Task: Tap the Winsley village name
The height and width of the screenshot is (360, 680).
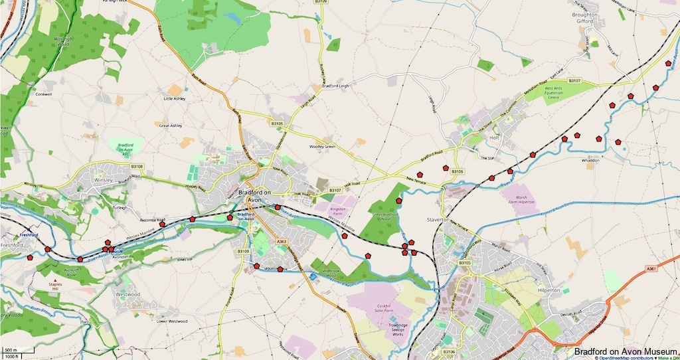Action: tap(104, 179)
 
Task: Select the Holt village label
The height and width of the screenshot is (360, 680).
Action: tap(493, 137)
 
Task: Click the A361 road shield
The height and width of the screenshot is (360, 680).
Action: tap(653, 268)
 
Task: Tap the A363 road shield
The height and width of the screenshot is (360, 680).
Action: tap(280, 242)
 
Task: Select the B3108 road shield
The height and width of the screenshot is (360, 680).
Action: tap(137, 166)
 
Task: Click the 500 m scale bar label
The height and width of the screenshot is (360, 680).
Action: tap(10, 349)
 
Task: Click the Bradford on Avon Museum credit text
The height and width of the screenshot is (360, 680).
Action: tap(626, 351)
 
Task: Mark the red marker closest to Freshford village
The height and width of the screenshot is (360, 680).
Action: tap(30, 257)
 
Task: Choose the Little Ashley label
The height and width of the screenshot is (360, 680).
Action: tap(175, 99)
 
